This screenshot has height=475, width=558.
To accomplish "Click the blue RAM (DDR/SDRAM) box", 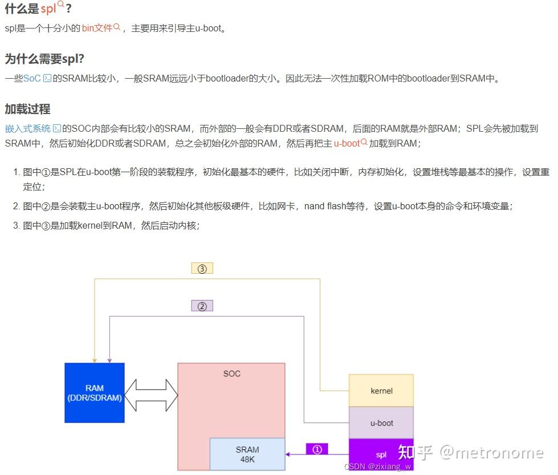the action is (x=95, y=393).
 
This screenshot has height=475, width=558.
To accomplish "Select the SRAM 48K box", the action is (x=247, y=454).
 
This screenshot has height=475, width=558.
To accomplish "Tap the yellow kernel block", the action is (x=381, y=391).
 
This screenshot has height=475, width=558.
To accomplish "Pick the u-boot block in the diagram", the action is (x=381, y=423).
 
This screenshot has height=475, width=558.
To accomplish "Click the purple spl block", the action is (x=381, y=454).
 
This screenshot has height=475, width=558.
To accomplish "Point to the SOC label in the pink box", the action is (x=231, y=373).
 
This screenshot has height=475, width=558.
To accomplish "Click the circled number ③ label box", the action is (x=202, y=269).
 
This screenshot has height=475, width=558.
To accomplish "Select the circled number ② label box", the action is (x=202, y=306).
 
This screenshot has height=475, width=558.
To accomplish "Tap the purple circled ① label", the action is (x=317, y=449).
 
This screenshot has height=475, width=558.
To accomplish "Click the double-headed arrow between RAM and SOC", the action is (x=151, y=395).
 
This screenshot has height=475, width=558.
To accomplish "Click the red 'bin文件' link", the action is (x=97, y=28).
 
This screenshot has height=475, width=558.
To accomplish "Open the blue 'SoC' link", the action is (x=32, y=78).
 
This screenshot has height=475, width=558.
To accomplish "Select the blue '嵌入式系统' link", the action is (x=28, y=128).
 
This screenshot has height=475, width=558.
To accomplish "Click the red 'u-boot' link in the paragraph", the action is (x=347, y=144).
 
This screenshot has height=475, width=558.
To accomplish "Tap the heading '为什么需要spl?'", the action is (x=44, y=59).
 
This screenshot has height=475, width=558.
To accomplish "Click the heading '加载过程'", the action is (x=28, y=109).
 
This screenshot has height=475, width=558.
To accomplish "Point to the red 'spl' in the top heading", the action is (x=48, y=9).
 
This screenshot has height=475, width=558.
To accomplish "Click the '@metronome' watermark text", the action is (x=492, y=453).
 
